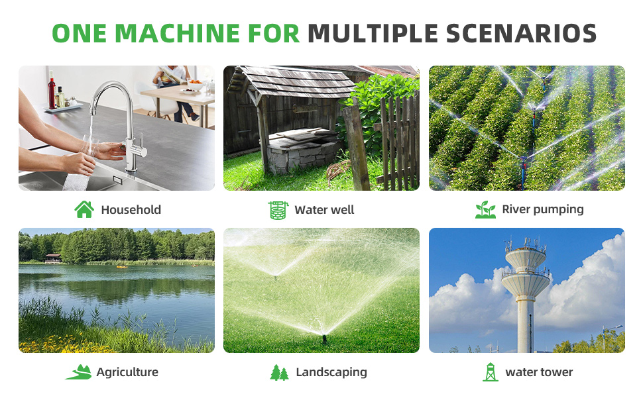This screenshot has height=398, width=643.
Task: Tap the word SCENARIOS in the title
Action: point(521,33)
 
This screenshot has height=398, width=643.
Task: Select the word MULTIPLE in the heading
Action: point(373,33)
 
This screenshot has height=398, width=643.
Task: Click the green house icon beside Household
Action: point(84,209)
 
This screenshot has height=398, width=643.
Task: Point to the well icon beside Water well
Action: point(278,210)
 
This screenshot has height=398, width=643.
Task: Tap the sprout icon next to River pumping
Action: point(485,209)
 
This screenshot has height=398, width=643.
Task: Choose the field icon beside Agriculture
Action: point(79,372)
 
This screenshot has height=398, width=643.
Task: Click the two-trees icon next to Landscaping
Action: point(279,373)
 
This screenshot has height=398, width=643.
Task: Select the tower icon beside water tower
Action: point(490,372)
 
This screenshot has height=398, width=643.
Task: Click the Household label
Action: point(131,210)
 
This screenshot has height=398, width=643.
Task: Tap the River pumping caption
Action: point(542,210)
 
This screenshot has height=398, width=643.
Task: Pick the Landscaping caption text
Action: point(331,372)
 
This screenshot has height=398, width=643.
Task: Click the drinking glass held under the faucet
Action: point(89,150)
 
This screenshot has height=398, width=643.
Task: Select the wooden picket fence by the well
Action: point(397,142)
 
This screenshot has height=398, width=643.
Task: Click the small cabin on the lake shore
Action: point(53,258)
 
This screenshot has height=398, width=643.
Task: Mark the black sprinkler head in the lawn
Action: point(324,339)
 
